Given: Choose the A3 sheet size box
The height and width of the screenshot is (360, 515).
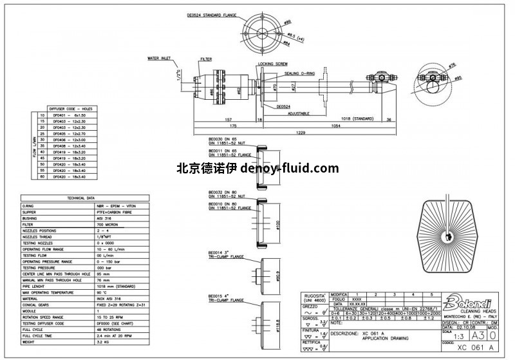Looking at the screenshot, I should tap(477, 335).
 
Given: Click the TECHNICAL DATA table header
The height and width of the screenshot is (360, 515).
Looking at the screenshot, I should tap(81, 198).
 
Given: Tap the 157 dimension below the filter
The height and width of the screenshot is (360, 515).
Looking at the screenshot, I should tap(228, 119).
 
